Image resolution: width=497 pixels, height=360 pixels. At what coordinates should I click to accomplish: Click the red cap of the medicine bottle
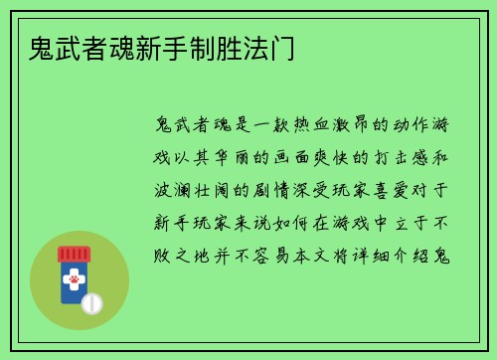75,254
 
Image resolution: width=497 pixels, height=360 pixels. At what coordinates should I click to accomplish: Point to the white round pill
92,302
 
